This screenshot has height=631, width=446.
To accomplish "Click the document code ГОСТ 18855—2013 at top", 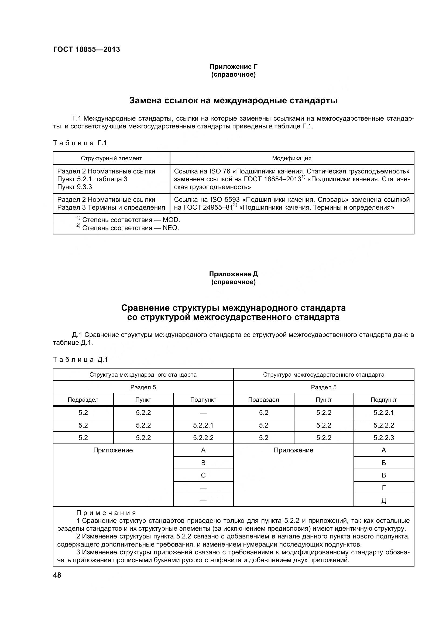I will [x=87, y=49].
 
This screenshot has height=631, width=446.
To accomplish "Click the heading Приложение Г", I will [x=234, y=67].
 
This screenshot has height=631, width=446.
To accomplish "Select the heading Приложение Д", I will [x=234, y=274].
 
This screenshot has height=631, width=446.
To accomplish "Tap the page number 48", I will [x=57, y=575].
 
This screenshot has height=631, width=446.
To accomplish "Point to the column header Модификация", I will [x=292, y=158].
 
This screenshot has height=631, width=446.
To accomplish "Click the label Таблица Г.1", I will [x=80, y=143].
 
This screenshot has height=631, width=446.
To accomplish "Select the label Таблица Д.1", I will [x=80, y=360].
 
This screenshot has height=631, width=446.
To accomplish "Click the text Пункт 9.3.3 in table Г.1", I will [x=74, y=187].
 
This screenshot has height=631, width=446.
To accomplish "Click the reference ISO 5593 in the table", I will [x=225, y=200].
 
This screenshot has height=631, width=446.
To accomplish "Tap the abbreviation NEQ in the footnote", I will [x=170, y=228].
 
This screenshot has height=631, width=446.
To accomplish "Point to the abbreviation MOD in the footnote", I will [x=171, y=220].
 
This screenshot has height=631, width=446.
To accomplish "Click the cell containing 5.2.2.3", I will [x=383, y=438].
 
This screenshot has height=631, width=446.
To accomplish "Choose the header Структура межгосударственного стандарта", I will [x=324, y=375].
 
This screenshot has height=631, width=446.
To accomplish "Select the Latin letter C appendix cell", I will [x=203, y=475].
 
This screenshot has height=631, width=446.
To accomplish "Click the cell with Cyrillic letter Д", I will [x=384, y=500].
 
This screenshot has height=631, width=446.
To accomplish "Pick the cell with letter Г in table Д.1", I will [x=384, y=488].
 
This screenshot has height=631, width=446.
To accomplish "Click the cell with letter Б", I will [x=384, y=463].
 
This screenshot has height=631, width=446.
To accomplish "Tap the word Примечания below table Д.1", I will [x=106, y=513].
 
